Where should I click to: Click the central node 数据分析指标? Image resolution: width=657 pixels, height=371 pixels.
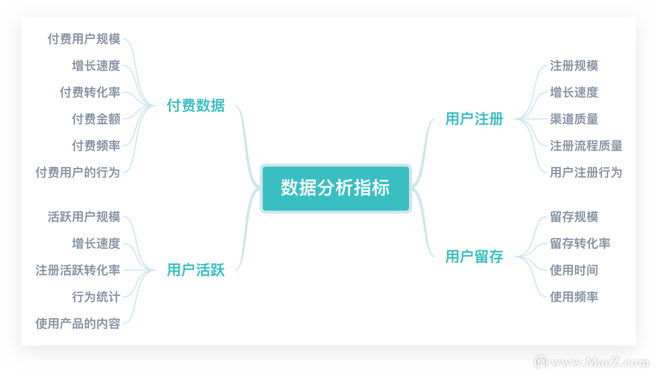[335, 188]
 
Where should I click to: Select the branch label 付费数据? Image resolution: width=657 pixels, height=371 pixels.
[196, 105]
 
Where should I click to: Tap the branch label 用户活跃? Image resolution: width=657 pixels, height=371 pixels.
[196, 270]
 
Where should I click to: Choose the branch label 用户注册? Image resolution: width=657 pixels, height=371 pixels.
[474, 119]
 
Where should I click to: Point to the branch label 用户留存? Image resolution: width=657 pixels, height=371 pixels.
[474, 256]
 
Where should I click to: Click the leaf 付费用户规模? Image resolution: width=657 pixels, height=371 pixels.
[84, 39]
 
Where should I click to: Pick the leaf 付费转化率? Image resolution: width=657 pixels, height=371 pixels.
[90, 92]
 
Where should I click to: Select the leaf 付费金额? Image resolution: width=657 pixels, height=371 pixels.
[96, 119]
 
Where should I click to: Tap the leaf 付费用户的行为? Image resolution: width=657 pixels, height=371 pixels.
[78, 172]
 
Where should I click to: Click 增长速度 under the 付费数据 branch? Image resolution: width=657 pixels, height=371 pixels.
[96, 66]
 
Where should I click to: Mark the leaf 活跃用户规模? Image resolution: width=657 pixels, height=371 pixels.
[84, 217]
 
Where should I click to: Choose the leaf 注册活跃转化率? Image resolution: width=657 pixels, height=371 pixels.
[78, 270]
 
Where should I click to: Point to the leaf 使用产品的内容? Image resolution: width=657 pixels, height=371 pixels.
[78, 323]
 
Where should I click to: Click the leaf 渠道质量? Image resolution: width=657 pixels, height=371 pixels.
[574, 119]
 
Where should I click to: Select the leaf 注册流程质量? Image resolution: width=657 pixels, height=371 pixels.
[586, 146]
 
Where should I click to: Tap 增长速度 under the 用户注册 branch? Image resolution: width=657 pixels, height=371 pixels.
[574, 92]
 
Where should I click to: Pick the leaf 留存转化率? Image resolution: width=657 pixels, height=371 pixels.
[580, 243]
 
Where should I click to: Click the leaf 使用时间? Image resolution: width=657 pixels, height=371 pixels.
[574, 270]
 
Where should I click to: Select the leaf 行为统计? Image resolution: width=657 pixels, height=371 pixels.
[96, 297]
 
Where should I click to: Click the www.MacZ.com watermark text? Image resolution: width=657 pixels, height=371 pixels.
[600, 362]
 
